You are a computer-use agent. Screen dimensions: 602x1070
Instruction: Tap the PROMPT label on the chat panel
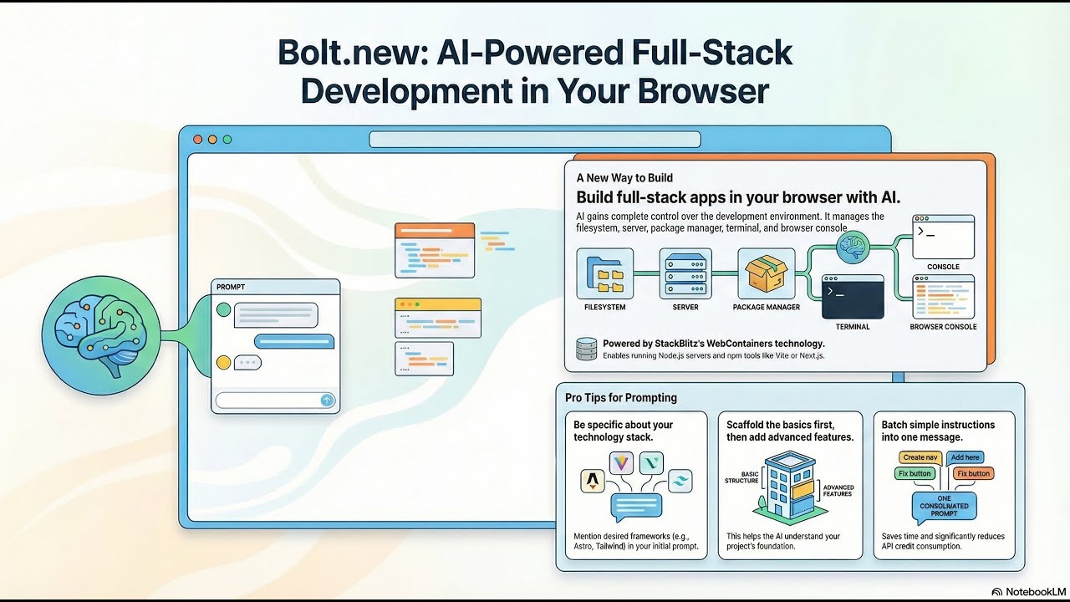(x=231, y=287)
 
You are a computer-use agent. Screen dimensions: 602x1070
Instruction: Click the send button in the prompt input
(x=327, y=400)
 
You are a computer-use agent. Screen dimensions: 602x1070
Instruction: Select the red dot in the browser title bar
(x=198, y=139)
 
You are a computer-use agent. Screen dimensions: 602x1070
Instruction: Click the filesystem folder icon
(x=605, y=273)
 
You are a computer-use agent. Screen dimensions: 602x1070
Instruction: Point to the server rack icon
(x=685, y=273)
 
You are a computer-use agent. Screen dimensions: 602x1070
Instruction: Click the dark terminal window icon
(x=853, y=297)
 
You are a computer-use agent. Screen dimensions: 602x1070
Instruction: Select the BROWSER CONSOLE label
(x=943, y=327)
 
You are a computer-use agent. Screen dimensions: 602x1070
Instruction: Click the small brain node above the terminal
(x=853, y=246)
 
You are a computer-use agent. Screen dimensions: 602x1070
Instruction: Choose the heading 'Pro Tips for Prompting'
(x=621, y=398)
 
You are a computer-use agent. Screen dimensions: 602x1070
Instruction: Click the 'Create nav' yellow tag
(x=920, y=457)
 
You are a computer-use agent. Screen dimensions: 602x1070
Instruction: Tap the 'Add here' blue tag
(x=965, y=457)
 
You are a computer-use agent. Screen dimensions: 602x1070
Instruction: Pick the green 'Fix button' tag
(x=915, y=473)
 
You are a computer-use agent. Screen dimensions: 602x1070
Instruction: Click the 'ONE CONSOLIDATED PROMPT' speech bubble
(x=943, y=506)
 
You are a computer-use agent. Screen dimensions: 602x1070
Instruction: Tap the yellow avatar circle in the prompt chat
(x=223, y=362)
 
